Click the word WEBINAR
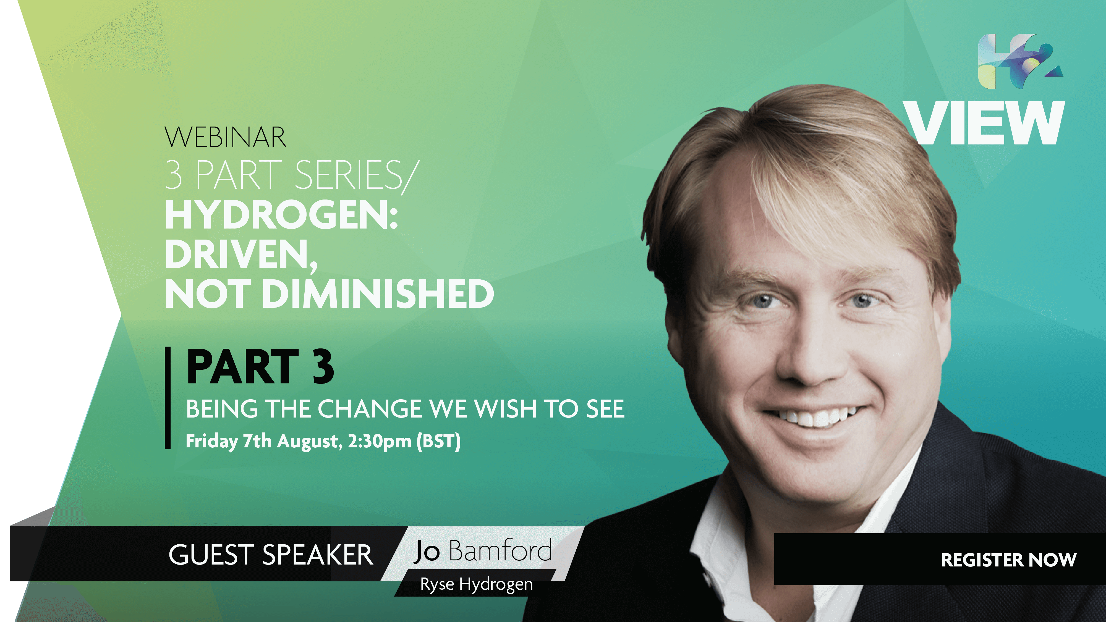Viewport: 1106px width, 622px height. pyautogui.click(x=225, y=137)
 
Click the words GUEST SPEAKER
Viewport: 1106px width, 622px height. pyautogui.click(x=271, y=555)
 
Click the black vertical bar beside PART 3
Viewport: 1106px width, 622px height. pyautogui.click(x=168, y=398)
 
